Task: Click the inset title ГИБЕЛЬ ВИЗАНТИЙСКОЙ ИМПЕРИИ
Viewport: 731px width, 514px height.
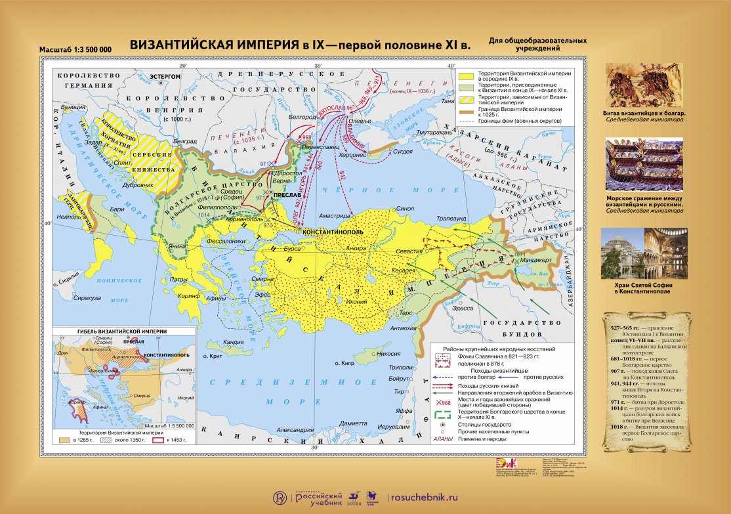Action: tap(122, 332)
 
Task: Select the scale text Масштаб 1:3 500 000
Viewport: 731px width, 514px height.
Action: tap(75, 50)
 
